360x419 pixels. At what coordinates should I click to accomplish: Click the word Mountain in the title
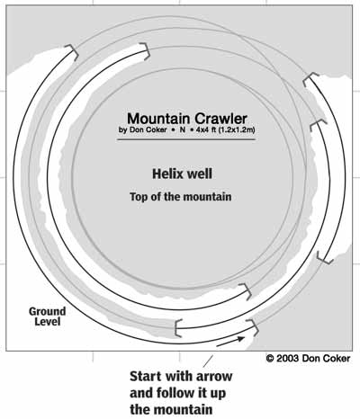[x=159, y=119]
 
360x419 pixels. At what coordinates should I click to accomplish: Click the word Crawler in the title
[x=221, y=119]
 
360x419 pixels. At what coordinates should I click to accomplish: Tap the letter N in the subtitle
[x=183, y=130]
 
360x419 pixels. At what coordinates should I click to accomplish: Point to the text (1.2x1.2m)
[x=236, y=130]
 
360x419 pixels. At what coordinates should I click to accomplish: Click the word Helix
[x=167, y=174]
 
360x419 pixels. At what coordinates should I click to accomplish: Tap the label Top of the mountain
[x=181, y=197]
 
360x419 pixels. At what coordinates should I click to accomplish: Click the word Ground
[x=47, y=311]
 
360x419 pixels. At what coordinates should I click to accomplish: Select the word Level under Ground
[x=48, y=322]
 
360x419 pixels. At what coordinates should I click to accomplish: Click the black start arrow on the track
[x=230, y=342]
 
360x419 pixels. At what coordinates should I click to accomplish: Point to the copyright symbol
[x=270, y=358]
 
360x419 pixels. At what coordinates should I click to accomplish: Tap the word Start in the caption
[x=146, y=376]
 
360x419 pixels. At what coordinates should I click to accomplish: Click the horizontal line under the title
[x=186, y=139]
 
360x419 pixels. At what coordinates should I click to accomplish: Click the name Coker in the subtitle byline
[x=157, y=130]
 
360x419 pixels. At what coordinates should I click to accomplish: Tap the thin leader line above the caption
[x=209, y=361]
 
